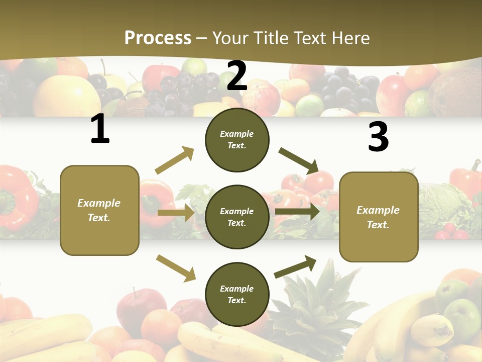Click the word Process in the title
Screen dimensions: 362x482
[x=158, y=38]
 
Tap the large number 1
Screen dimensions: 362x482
[x=100, y=129]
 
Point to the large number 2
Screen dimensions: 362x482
[x=237, y=76]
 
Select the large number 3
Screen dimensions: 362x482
[x=378, y=137]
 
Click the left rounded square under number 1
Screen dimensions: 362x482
[x=99, y=210]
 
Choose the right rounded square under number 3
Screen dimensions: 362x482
[x=379, y=217]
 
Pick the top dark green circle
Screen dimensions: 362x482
[x=237, y=140]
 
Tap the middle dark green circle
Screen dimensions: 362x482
[x=237, y=217]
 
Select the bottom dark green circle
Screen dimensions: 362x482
[x=237, y=294]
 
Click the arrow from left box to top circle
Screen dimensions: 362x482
[x=175, y=160]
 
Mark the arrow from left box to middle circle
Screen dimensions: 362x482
[x=176, y=213]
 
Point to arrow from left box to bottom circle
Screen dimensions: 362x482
[x=176, y=267]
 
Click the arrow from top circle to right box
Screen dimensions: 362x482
[x=299, y=160]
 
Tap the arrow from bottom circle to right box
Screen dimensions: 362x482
[x=295, y=266]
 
